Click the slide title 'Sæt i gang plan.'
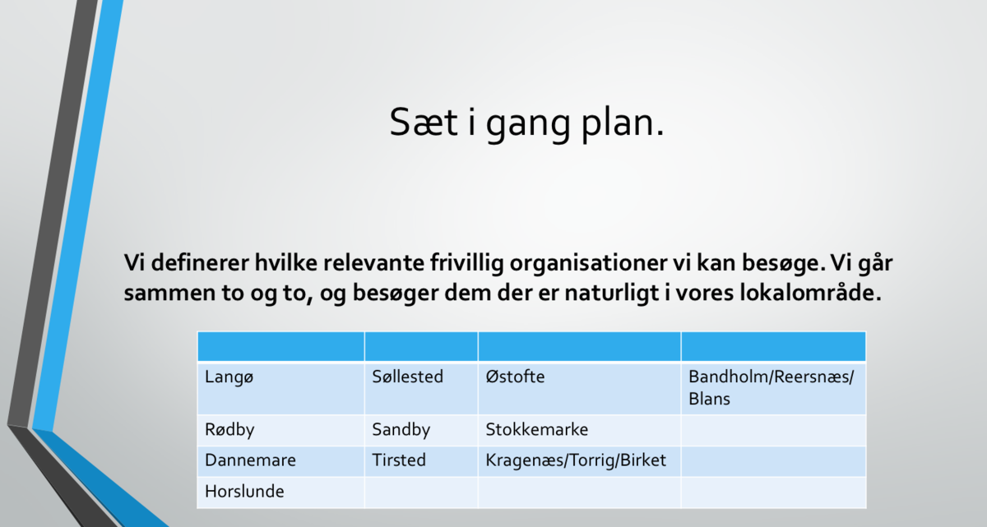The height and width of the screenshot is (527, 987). point(526,123)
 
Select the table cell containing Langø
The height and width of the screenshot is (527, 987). point(281,389)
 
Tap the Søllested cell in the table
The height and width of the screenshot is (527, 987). point(421,389)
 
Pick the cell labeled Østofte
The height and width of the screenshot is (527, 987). point(579,389)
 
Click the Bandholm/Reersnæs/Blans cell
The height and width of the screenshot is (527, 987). point(773,389)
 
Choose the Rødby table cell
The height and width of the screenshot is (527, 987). point(281,431)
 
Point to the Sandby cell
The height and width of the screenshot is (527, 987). point(421,431)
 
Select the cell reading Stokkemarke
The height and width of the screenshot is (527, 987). point(579,431)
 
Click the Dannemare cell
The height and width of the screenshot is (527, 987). point(281,461)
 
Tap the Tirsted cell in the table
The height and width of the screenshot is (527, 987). point(421,461)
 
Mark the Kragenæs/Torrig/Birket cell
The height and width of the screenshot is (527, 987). point(579,461)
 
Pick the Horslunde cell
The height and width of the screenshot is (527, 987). point(281,492)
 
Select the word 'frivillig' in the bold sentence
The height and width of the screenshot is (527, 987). point(466,264)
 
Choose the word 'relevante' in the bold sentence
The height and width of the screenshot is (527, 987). point(373,263)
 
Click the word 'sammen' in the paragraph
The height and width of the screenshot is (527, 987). point(169,294)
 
